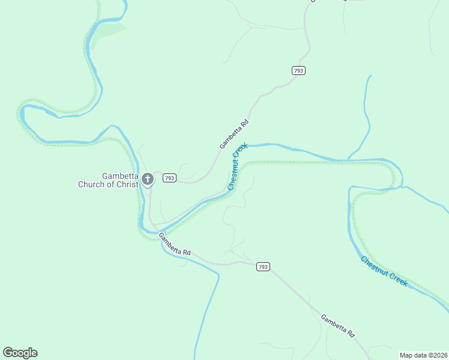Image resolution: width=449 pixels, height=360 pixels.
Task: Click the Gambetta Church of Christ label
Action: coord(108,180)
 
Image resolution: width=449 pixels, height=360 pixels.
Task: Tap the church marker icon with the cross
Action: coord(148,179)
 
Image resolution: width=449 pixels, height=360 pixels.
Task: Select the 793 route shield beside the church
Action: coord(169,178)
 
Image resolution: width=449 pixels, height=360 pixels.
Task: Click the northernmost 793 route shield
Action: coord(299,70)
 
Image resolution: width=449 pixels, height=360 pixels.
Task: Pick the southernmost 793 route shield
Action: coord(262,266)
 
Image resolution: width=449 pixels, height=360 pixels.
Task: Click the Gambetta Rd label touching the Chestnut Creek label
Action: coord(234,134)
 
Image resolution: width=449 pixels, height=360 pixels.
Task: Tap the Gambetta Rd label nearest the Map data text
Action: coord(338,325)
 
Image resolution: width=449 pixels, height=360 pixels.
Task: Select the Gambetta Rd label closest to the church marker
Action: coord(175,245)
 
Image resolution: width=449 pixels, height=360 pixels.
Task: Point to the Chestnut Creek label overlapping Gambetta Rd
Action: coord(238,166)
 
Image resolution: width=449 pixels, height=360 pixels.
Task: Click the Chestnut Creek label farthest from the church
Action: coord(384,271)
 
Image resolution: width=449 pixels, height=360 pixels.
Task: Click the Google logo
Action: coord(20,353)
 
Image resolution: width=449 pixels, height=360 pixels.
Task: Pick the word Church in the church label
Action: coord(91,184)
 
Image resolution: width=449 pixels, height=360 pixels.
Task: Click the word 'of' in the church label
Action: coord(109,184)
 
